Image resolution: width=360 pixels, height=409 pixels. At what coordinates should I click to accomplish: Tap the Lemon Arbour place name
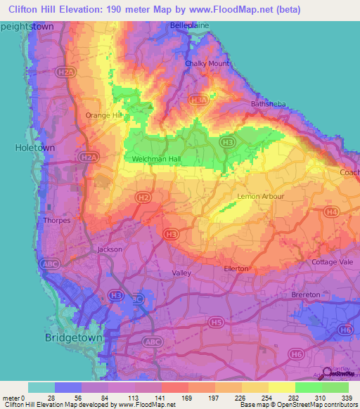[x=259, y=196]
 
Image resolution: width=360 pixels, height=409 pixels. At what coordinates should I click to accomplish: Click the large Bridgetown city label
[x=73, y=337]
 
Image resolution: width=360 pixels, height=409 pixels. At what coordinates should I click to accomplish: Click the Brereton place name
[x=306, y=294]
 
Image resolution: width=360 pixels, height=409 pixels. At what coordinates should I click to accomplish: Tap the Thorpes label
[x=56, y=220]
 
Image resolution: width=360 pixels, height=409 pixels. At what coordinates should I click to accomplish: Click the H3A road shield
[x=200, y=101]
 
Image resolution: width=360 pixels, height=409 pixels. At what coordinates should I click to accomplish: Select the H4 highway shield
[x=332, y=212]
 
